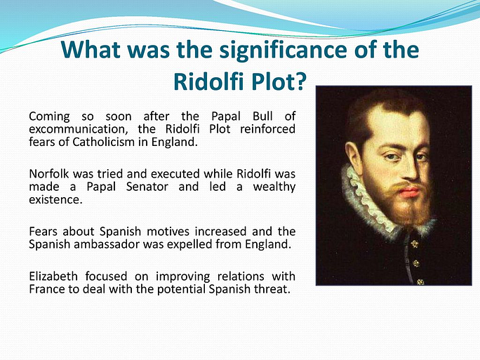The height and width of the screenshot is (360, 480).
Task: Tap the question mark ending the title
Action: [300, 81]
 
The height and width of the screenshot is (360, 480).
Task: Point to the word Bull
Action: [262, 116]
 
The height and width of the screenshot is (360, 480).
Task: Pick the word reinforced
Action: [267, 129]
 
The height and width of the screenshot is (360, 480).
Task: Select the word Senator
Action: [147, 187]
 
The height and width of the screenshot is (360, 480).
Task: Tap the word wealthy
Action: [274, 187]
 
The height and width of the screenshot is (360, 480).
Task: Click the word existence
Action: [55, 199]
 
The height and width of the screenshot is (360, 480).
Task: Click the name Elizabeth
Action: [53, 276]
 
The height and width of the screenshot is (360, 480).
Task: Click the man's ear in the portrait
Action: [353, 154]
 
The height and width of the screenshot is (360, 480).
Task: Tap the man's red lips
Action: [409, 192]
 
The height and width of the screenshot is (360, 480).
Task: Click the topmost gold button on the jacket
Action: [415, 244]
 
